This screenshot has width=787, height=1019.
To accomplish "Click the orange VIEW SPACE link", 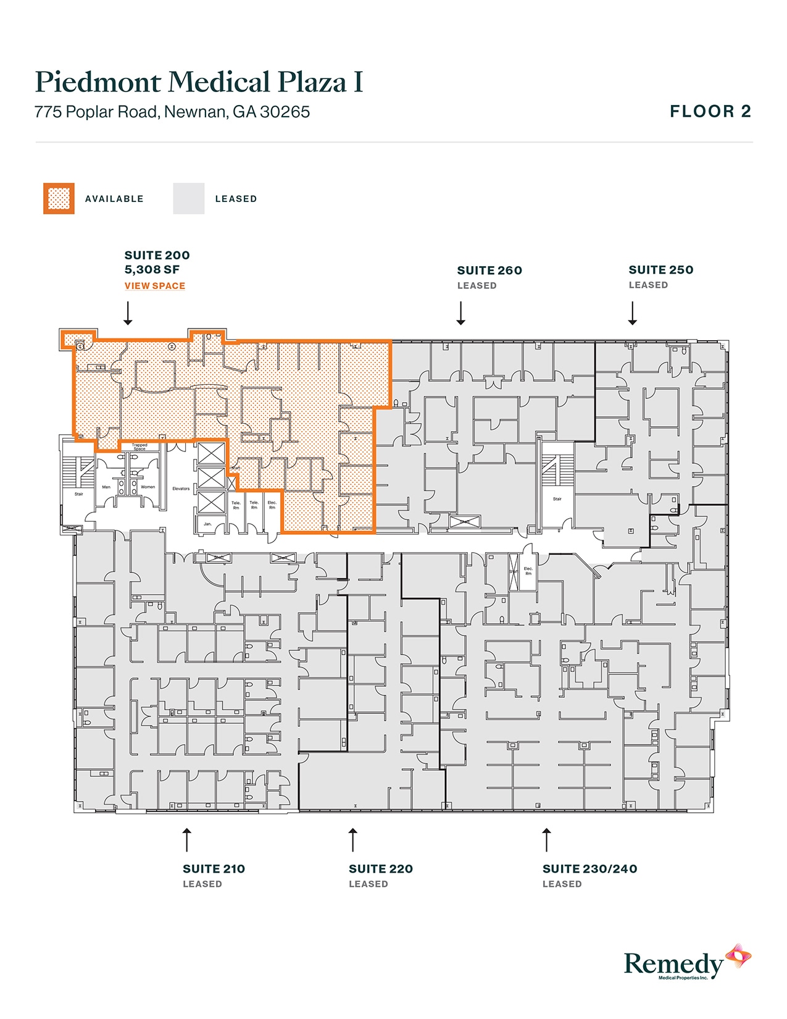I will (154, 286).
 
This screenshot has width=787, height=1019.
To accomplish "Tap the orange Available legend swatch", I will (59, 199).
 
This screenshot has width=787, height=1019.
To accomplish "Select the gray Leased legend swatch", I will (188, 199).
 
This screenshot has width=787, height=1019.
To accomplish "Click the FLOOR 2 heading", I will (710, 112).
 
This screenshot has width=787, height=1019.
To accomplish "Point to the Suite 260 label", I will (489, 270).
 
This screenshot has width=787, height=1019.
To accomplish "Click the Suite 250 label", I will (660, 270).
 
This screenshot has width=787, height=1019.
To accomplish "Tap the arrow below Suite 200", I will (128, 313).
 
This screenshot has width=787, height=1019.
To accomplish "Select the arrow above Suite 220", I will (352, 840).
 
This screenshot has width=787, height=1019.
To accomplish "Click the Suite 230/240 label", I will (589, 869).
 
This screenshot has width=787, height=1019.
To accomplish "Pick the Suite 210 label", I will (214, 869).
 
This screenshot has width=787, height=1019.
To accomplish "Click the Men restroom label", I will (106, 487).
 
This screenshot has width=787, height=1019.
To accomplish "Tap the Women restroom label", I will (148, 487).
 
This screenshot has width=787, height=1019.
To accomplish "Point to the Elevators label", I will (181, 489).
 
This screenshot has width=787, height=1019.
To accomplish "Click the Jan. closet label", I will (207, 524).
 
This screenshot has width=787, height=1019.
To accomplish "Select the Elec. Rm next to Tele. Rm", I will (272, 505).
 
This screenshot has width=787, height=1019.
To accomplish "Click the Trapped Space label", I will (139, 447).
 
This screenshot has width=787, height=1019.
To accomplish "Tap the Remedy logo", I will (685, 963).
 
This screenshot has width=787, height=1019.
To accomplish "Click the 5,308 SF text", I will (152, 270).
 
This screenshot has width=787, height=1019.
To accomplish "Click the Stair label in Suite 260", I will (557, 499).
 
